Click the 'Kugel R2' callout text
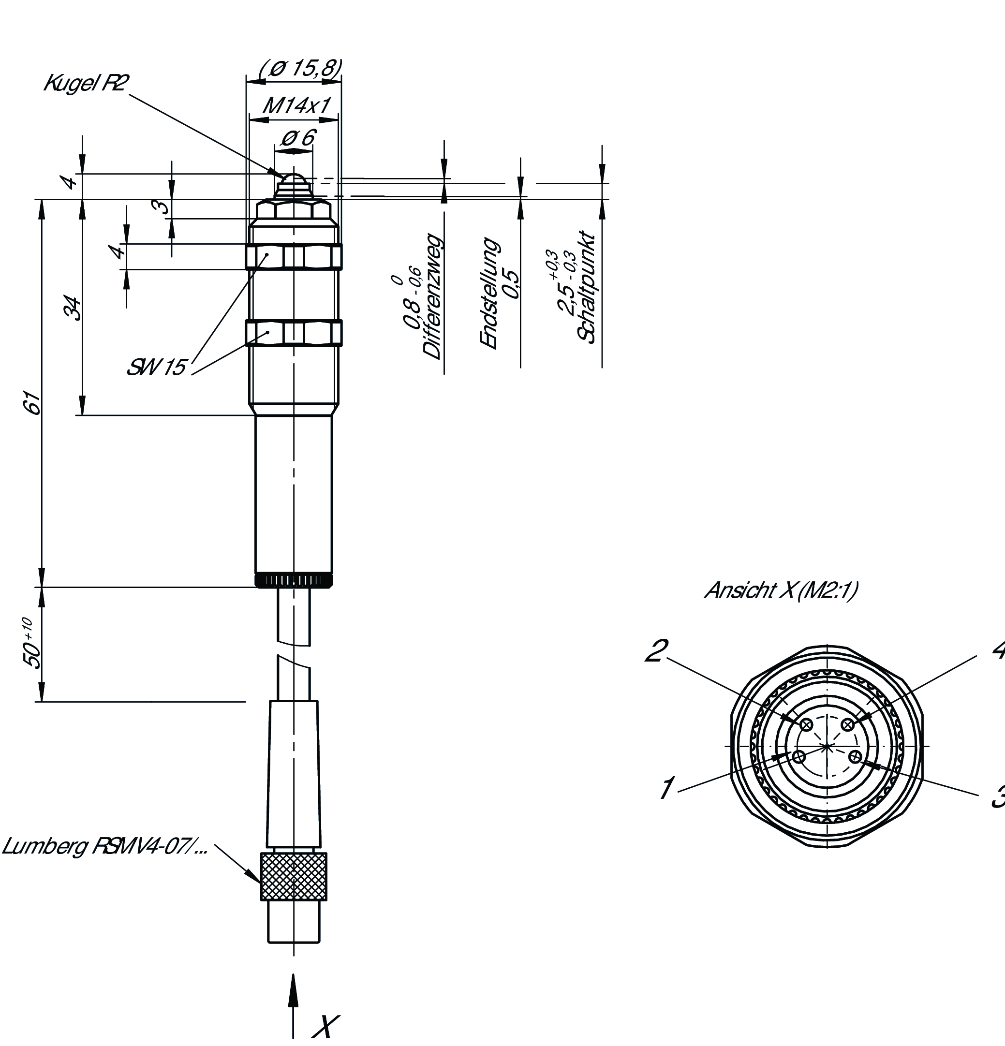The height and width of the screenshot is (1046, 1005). coord(86,83)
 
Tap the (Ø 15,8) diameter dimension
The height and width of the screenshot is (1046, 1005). coord(300,68)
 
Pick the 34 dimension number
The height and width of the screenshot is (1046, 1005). coord(73,308)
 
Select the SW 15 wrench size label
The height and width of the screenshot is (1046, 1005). coord(156,367)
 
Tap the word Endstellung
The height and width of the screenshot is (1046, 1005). coord(489,294)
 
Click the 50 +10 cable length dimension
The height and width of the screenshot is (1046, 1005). coord(32,643)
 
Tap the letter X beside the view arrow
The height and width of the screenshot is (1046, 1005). coord(324,1026)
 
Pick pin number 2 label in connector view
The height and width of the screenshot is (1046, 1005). coord(656,650)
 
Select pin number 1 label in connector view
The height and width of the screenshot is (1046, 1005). coord(666,788)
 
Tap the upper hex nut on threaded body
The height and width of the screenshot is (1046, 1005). coord(294,257)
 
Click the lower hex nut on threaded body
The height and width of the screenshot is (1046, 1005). coord(294,333)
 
